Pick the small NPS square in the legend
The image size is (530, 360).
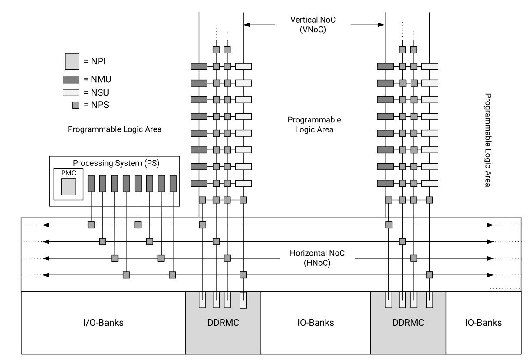point(76,104)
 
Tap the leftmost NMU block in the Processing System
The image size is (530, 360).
point(91,183)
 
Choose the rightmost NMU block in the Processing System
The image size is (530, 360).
point(173,183)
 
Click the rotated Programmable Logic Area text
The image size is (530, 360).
point(487,139)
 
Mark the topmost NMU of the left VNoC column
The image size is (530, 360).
point(199,66)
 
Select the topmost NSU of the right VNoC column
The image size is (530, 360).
point(430,66)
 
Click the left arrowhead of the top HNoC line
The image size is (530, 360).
point(45,225)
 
